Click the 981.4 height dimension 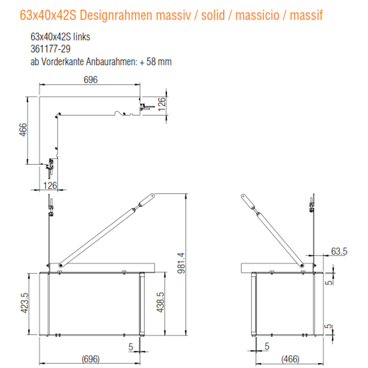pos(181,263)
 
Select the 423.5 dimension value pos(25,303)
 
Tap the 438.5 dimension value pos(161,302)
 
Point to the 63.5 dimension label pos(339,251)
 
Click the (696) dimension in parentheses pos(91,359)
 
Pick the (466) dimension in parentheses pos(290,359)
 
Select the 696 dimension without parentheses pos(91,80)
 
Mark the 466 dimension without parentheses pos(23,130)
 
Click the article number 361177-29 pos(50,49)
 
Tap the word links pos(82,37)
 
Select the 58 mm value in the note pos(159,62)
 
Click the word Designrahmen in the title pos(116,15)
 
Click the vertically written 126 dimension pos(161,104)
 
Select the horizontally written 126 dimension pos(50,186)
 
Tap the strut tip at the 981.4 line pos(152,195)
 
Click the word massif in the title pos(306,15)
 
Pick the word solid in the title pos(213,15)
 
